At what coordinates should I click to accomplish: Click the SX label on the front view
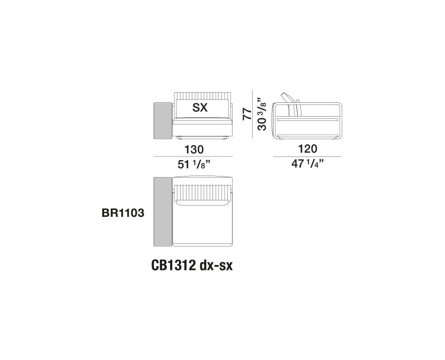pos(200,108)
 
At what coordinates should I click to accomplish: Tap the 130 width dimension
pos(194,150)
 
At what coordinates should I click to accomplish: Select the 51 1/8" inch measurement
pos(194,164)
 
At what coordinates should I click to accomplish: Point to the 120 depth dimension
pos(308,148)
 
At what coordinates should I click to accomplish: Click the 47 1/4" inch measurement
pos(308,164)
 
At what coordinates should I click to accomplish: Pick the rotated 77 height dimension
pos(247,113)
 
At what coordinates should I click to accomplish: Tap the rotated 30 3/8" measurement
pos(262,114)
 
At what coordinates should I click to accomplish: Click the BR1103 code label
pos(123,213)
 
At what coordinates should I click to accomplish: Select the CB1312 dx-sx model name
pos(192,266)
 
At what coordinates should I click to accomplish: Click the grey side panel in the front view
pos(163,121)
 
